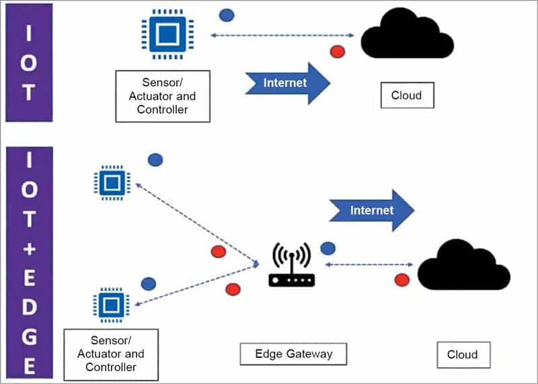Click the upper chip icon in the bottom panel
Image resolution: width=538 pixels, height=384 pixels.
(108, 182)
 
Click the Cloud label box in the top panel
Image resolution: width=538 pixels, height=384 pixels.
(406, 95)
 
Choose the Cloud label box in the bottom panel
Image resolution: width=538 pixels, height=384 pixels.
(462, 354)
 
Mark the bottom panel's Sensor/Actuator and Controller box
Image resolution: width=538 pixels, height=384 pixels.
(110, 354)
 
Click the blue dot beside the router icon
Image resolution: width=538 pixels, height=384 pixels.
(328, 248)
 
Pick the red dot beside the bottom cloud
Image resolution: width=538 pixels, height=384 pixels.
(402, 279)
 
